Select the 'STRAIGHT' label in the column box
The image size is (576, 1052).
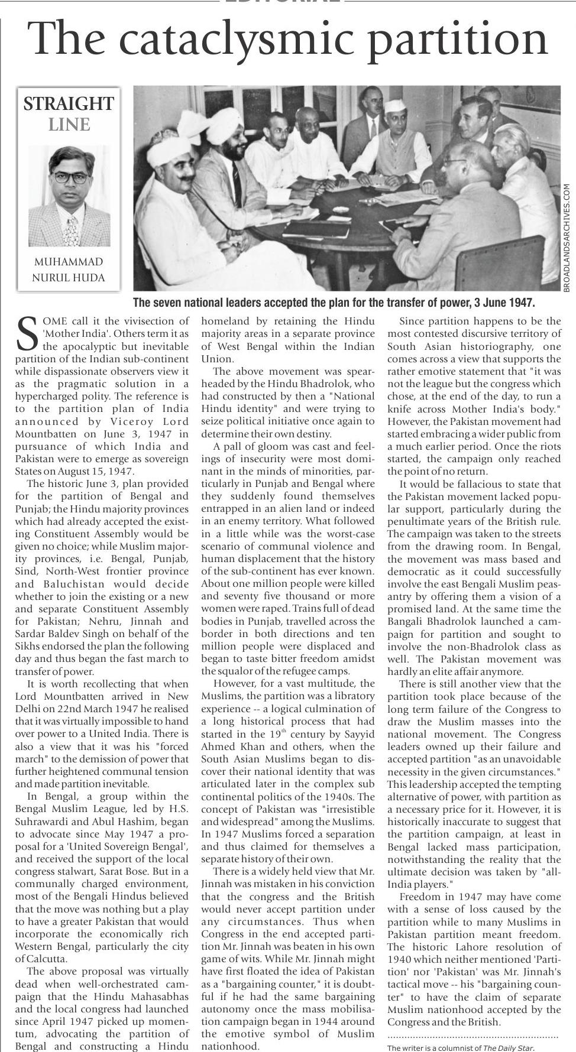coord(69,104)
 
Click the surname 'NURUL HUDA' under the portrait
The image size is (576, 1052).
coord(69,278)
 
